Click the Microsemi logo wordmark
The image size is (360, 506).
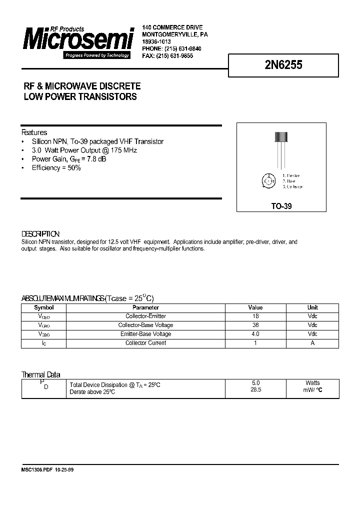coord(77,39)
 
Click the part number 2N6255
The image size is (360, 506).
coord(283,65)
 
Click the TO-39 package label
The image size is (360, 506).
coord(282,205)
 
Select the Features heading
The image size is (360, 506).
coord(34,132)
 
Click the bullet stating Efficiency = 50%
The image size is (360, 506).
coord(56,168)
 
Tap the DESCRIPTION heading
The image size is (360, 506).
coord(40,234)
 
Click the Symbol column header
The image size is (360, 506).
coord(43,307)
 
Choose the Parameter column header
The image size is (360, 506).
coord(145,307)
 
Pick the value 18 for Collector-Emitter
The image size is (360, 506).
coord(255,316)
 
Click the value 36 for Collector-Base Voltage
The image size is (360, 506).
coord(255,325)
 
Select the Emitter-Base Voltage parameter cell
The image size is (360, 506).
coord(145,334)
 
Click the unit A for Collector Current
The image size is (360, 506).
coord(312,343)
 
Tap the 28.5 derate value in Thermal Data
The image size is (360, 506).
coord(255,389)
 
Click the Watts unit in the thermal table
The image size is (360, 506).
coord(312,383)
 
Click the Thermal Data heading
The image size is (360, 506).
coord(40,374)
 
